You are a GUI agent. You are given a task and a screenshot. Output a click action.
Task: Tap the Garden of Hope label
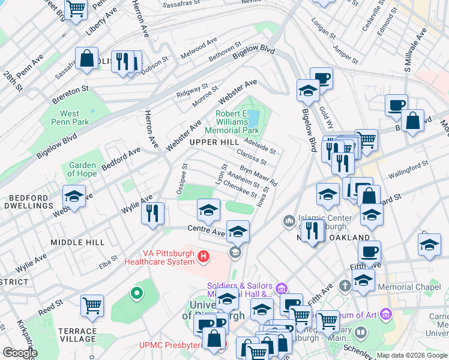click(x=83, y=170)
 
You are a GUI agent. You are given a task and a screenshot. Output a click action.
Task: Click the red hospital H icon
click(x=203, y=257)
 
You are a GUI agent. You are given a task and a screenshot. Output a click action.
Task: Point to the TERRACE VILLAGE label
click(x=77, y=335)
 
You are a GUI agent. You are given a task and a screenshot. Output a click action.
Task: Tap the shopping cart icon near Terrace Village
click(x=92, y=305)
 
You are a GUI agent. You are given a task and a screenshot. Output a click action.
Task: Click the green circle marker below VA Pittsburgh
click(x=137, y=293)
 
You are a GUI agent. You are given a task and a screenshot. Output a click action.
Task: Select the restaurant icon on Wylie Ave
click(x=152, y=212)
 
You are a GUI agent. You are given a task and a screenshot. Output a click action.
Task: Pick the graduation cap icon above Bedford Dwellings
click(x=74, y=196)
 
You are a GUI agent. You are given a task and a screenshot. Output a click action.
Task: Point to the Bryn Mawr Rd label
click(x=259, y=175)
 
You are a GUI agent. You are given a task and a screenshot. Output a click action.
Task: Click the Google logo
click(x=20, y=353)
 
